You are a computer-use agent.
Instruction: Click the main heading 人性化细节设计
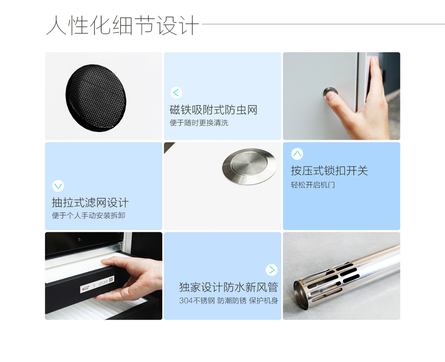pos(122,25)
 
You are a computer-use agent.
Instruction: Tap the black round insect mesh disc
pos(96,98)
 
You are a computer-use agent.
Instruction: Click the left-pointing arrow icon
pos(176,92)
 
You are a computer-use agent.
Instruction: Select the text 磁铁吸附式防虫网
pos(214,110)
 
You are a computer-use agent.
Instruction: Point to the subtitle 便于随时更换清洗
pos(199,123)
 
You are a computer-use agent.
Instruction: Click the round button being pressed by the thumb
pos(330,92)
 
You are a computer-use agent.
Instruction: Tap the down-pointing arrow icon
pos(58,186)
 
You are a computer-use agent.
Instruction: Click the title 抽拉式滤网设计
pos(90,203)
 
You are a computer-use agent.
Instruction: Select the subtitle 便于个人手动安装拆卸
pos(89,216)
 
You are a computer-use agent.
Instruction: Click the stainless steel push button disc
pos(249,166)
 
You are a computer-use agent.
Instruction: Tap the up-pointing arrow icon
pos(297,154)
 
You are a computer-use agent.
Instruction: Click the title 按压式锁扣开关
pos(329,171)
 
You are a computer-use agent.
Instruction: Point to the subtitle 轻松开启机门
pos(313,185)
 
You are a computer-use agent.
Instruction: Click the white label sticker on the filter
pos(98,284)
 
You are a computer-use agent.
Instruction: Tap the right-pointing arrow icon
pos(271,270)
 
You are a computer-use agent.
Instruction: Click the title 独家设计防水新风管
pos(228,287)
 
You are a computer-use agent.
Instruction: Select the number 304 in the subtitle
pos(186,301)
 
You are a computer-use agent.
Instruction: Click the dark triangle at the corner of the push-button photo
pos(168,146)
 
